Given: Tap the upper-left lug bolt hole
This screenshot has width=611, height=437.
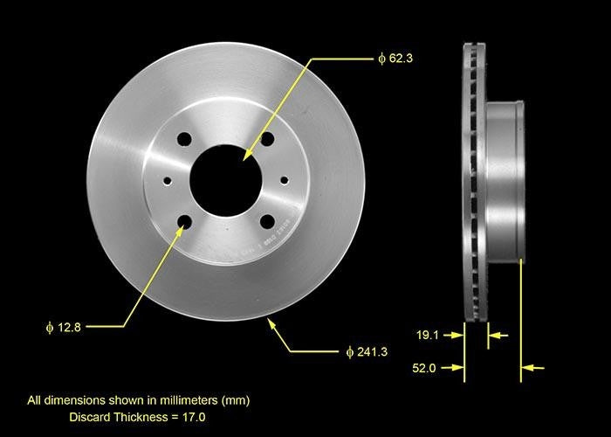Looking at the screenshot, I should click(183, 139).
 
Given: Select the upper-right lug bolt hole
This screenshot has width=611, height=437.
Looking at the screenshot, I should click(267, 139).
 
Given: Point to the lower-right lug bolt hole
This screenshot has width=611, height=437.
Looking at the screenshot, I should click(267, 221).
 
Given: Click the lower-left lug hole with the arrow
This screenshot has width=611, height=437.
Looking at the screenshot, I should click(184, 222).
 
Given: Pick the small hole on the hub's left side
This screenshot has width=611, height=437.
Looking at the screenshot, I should click(168, 180).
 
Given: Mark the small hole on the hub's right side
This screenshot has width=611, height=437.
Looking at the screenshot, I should click(285, 180).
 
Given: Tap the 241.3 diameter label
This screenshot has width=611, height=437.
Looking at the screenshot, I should click(371, 351).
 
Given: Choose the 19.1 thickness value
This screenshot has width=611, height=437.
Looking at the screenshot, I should click(425, 333).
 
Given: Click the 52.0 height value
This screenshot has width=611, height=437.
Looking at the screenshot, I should click(425, 368).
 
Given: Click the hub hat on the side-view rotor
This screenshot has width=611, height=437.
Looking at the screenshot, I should click(505, 179).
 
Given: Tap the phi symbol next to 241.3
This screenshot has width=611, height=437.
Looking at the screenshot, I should click(349, 351).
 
